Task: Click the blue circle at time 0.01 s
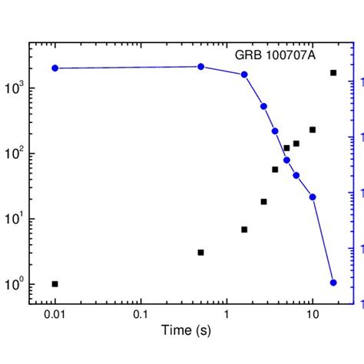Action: click(55, 68)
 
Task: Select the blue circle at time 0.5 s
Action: click(201, 67)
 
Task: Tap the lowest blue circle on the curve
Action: click(333, 283)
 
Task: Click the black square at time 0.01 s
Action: click(55, 284)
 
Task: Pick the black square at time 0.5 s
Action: click(201, 252)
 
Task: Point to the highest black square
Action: click(333, 73)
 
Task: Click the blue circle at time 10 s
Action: click(313, 197)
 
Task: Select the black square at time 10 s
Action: click(313, 130)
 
